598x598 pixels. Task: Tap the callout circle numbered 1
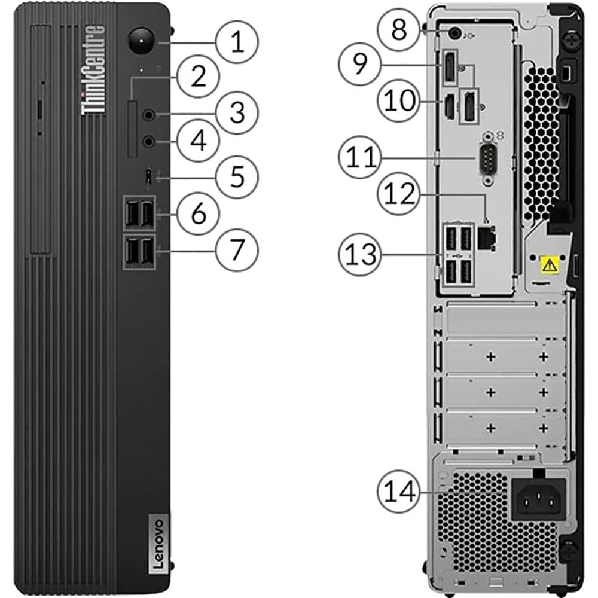point(237,42)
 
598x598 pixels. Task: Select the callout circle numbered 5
point(237,177)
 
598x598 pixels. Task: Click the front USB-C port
point(149,177)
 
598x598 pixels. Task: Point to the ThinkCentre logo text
point(93,70)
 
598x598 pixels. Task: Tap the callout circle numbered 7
point(237,249)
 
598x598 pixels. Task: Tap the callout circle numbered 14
point(399,491)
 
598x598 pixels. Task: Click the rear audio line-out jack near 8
point(454,33)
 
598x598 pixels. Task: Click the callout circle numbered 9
point(360,64)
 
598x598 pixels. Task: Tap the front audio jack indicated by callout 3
point(149,114)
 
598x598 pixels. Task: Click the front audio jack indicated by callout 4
point(149,142)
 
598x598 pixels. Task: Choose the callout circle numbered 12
point(399,194)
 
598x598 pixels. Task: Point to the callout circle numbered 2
point(199,77)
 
